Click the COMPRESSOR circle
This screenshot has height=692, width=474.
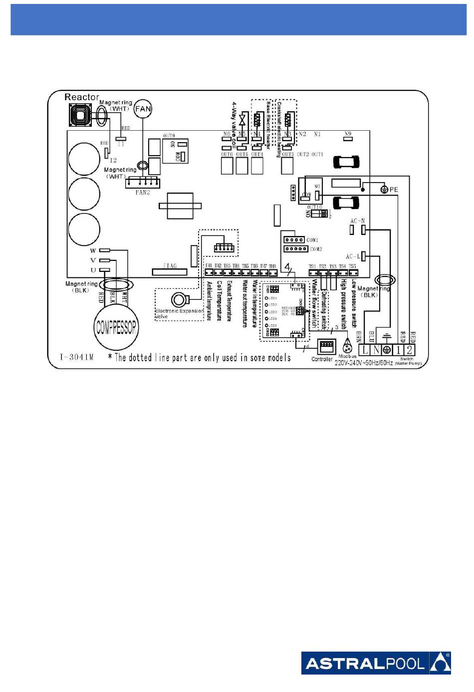point(116,327)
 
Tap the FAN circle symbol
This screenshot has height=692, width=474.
point(143,109)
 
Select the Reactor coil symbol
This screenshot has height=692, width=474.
point(80,116)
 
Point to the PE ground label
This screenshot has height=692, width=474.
point(394,190)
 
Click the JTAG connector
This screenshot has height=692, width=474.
point(170,271)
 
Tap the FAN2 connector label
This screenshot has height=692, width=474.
point(143,192)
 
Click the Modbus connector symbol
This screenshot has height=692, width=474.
point(347,346)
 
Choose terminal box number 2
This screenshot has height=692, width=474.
point(409,350)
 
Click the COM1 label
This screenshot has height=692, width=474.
point(312,240)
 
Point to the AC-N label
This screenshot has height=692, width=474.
point(357,221)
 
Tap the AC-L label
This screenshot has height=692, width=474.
point(353,256)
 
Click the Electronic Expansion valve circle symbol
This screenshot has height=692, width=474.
point(179,300)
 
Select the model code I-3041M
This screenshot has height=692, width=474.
point(76,357)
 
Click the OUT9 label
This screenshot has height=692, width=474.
point(169,136)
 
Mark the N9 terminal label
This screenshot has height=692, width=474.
point(348,134)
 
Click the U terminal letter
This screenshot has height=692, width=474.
point(93,270)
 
